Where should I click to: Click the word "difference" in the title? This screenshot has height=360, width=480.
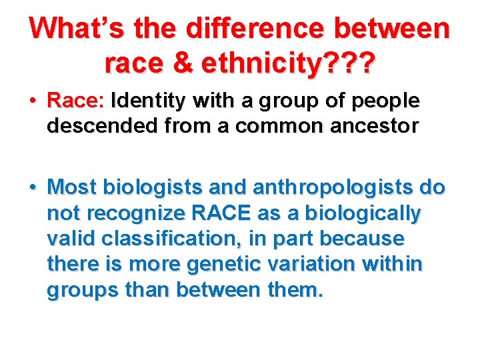pyautogui.click(x=251, y=29)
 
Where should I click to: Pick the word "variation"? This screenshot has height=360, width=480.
pyautogui.click(x=314, y=264)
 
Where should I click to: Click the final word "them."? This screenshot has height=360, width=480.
pyautogui.click(x=295, y=290)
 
